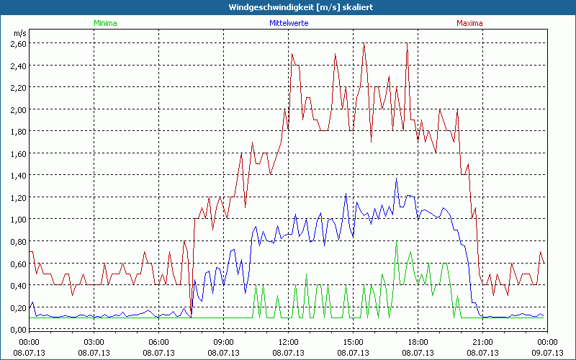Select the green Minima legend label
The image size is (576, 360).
(x=105, y=23)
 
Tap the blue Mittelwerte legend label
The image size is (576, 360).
(x=289, y=23)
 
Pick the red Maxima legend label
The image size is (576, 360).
(x=469, y=23)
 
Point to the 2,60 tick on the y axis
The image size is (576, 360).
(x=18, y=44)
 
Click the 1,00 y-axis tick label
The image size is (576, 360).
(x=18, y=220)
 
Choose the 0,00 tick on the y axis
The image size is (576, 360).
(x=18, y=330)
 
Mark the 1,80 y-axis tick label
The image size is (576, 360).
(x=18, y=132)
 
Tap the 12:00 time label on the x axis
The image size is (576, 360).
(x=288, y=342)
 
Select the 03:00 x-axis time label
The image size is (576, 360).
(x=94, y=342)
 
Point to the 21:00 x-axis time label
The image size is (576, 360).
(x=482, y=342)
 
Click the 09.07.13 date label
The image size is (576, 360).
(x=547, y=352)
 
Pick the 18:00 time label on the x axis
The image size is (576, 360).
(x=418, y=342)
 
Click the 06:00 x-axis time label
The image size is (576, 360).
(x=159, y=342)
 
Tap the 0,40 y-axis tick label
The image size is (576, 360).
(x=18, y=286)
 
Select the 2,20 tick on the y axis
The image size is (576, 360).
(x=18, y=88)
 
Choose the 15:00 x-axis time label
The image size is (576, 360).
(x=353, y=342)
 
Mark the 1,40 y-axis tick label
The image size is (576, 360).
(x=18, y=176)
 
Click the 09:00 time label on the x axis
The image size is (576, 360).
(x=224, y=342)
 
